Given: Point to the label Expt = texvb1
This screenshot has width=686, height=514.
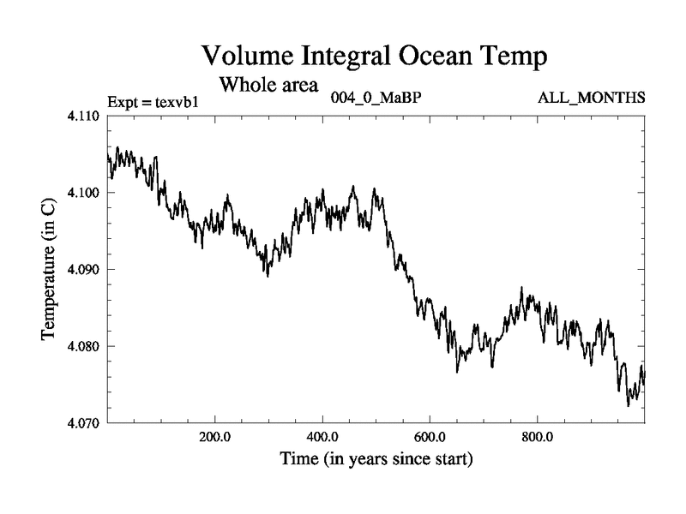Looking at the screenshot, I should coord(153,102).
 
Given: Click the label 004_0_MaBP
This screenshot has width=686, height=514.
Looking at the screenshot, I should coord(376,97).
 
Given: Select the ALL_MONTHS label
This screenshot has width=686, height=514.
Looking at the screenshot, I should coord(591,97).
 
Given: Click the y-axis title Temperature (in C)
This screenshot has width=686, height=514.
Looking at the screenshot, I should coord(49,270).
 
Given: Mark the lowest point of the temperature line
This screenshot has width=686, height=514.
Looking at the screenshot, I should coord(629,405).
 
